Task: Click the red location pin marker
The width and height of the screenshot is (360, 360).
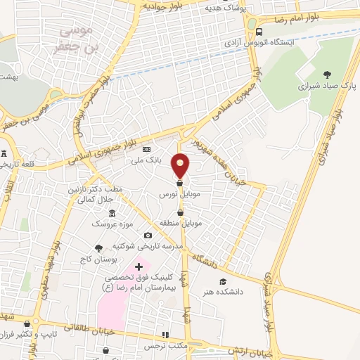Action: click(181, 165)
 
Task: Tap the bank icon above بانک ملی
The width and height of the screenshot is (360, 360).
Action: click(146, 150)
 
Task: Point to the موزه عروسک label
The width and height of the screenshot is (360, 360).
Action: click(112, 223)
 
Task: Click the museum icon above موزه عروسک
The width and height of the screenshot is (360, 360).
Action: click(112, 213)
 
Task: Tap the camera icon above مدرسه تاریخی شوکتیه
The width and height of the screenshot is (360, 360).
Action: click(148, 236)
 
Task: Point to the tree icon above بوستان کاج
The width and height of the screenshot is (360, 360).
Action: click(98, 247)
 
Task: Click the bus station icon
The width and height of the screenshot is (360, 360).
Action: click(260, 32)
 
